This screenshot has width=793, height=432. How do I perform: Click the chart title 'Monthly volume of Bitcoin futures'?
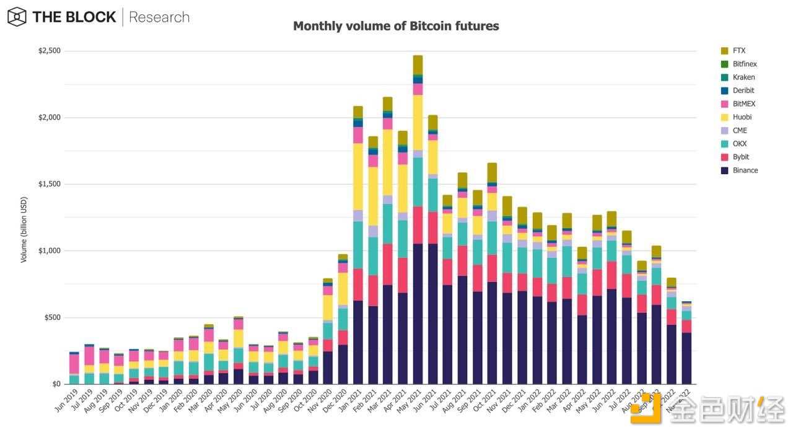click(395, 26)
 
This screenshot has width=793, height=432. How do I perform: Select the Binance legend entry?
click(745, 170)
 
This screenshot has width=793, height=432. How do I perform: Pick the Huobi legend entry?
click(743, 117)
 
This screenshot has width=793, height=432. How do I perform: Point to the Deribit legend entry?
click(743, 90)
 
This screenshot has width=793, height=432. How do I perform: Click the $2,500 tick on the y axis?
click(50, 51)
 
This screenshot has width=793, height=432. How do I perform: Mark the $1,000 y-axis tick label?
click(50, 251)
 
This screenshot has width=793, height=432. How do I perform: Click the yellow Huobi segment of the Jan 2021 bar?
click(358, 177)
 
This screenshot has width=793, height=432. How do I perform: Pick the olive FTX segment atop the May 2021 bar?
click(418, 64)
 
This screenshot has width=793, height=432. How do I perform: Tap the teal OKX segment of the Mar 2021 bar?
click(388, 223)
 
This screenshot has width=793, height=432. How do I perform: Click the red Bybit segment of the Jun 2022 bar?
click(611, 275)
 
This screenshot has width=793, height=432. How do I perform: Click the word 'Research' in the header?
click(159, 17)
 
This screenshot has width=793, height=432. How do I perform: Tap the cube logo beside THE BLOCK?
click(17, 17)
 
